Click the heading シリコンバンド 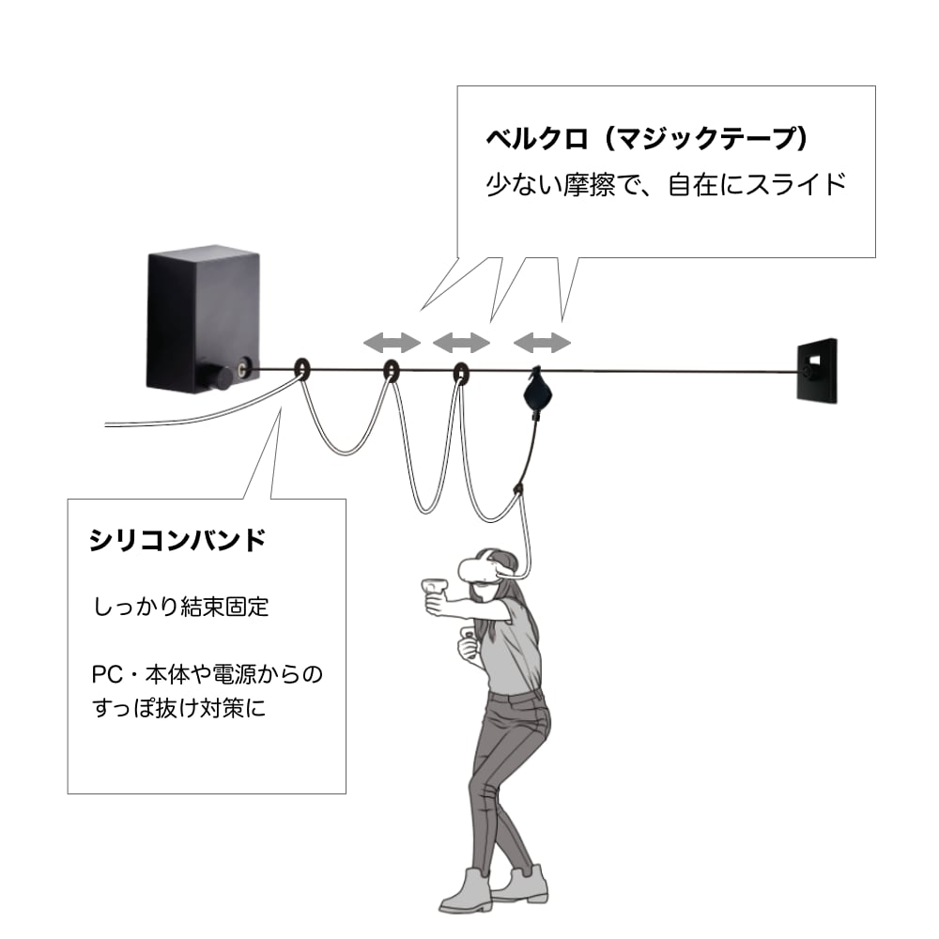[x=177, y=541]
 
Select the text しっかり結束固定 [x=181, y=607]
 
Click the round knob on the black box [x=221, y=377]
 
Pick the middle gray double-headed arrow [x=461, y=343]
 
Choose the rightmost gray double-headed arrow [x=543, y=343]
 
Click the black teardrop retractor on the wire [x=537, y=390]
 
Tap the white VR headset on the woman [x=485, y=568]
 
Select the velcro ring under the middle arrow [x=460, y=372]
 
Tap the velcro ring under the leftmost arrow [x=392, y=371]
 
